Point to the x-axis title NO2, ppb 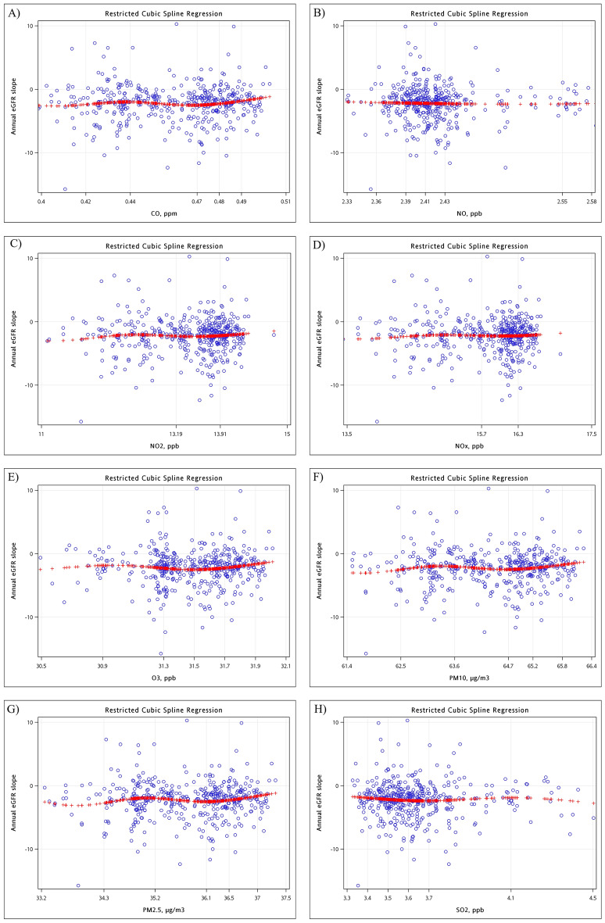click(163, 446)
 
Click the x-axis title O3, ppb click(163, 678)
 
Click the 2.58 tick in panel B click(590, 201)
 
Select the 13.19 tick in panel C click(176, 433)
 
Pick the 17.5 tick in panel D click(590, 433)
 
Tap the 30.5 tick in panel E click(40, 665)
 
